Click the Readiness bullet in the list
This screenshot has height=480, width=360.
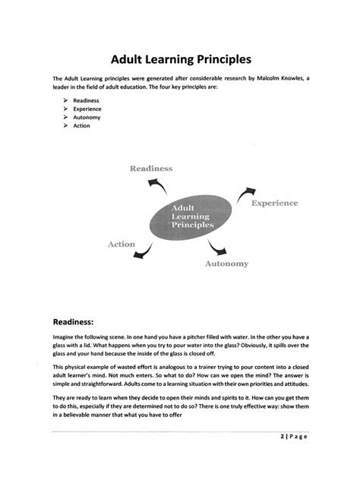pyautogui.click(x=86, y=100)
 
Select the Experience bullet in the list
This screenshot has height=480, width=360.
pyautogui.click(x=87, y=109)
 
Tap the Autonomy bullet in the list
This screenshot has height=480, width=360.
pyautogui.click(x=87, y=117)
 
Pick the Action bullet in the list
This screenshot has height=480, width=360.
pyautogui.click(x=81, y=125)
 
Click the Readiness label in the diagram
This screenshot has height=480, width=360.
pyautogui.click(x=151, y=168)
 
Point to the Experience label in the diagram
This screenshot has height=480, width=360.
pyautogui.click(x=274, y=203)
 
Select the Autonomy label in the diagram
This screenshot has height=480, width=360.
pyautogui.click(x=226, y=264)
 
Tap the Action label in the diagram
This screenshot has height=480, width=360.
pyautogui.click(x=121, y=245)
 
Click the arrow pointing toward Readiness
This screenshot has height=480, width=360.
pyautogui.click(x=158, y=185)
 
